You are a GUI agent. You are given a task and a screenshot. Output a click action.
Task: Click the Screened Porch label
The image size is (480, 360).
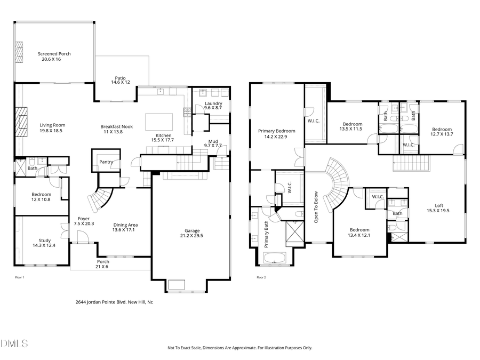[54, 54]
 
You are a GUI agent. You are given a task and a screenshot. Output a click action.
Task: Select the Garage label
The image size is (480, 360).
[192, 230]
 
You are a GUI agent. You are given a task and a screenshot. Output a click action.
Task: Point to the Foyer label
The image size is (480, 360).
[84, 219]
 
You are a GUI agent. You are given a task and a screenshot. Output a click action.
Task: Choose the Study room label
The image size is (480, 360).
[45, 241]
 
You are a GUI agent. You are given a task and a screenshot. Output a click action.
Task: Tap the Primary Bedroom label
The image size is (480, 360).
[276, 131]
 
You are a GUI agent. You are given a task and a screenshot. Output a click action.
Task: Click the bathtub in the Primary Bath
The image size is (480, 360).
[275, 259]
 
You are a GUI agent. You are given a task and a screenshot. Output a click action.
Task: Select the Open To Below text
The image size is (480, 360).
[316, 206]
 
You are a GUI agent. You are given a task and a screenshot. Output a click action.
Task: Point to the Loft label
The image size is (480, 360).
[438, 205]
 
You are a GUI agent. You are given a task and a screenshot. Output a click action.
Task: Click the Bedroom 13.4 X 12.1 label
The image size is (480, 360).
[358, 230]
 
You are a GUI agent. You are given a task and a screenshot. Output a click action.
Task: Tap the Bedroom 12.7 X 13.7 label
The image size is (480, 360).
[442, 129]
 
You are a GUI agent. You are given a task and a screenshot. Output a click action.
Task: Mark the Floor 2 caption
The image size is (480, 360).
[261, 277]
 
